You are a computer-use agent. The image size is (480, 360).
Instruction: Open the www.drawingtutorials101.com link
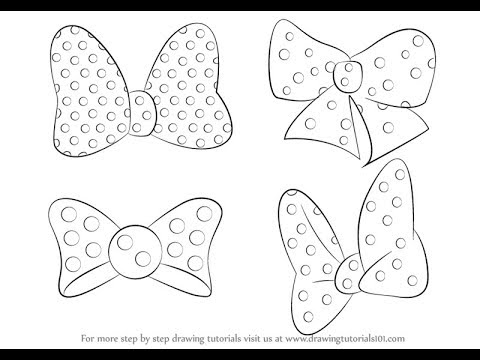350,343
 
